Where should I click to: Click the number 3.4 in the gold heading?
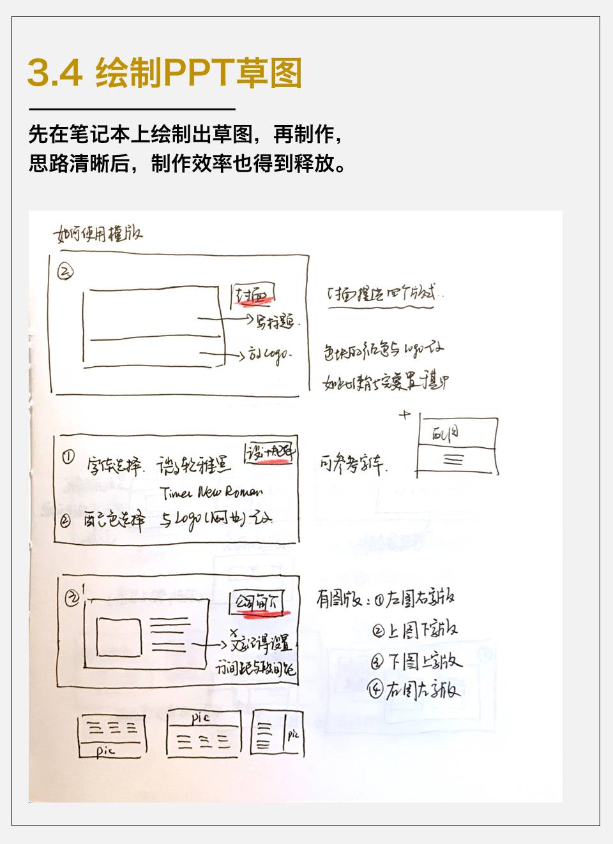(x=55, y=73)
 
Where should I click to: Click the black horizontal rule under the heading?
(x=132, y=110)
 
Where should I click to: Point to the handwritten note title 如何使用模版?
(x=98, y=234)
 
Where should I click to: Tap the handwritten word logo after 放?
(x=276, y=355)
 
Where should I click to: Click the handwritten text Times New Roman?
(x=212, y=492)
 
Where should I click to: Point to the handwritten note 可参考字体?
(x=352, y=464)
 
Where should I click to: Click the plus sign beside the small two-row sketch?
(x=404, y=415)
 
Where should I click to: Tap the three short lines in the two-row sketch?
(x=453, y=459)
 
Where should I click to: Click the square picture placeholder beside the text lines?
(x=119, y=637)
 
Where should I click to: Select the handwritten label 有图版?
(x=339, y=599)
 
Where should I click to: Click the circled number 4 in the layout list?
(x=375, y=690)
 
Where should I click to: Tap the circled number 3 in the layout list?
(x=377, y=662)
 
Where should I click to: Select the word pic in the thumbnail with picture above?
(x=201, y=718)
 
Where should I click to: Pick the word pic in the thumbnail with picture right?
(x=292, y=734)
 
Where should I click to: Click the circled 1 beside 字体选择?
(x=68, y=457)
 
